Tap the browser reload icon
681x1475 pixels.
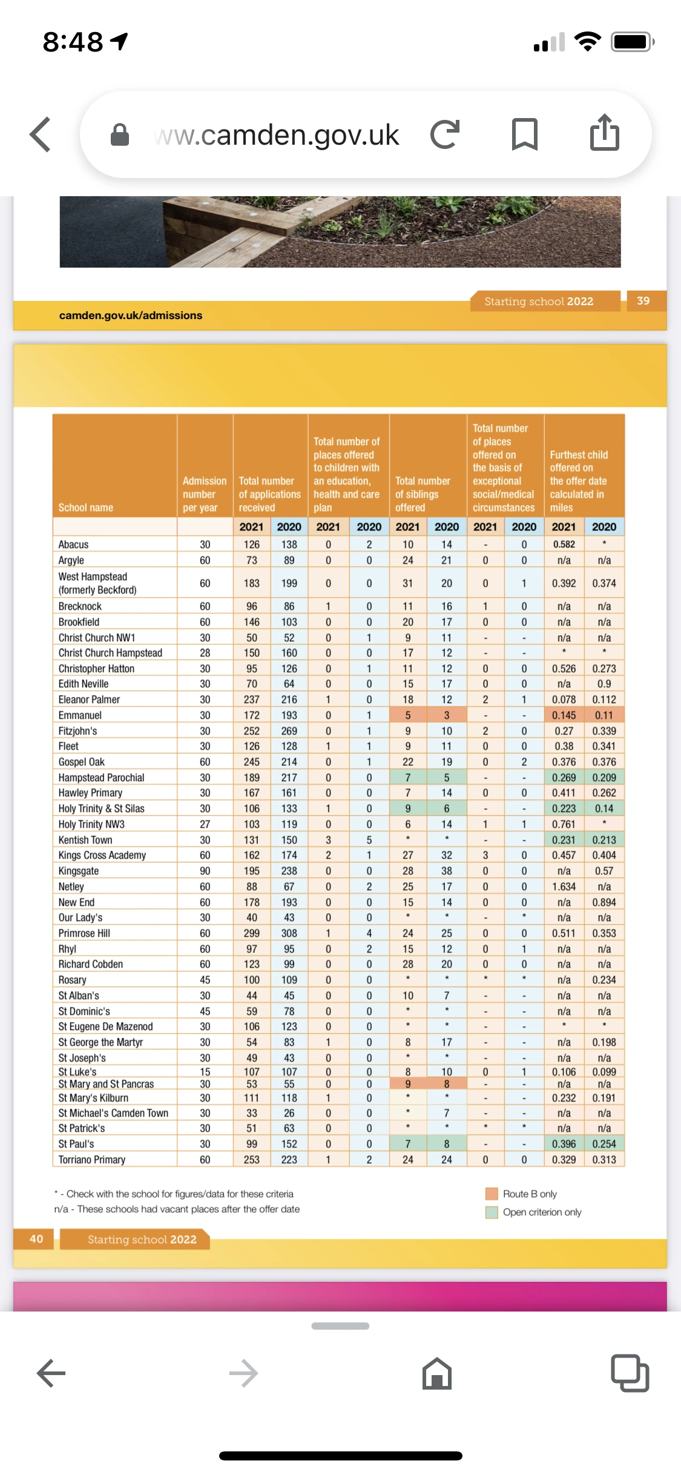(x=445, y=134)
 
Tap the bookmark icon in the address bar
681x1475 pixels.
(x=524, y=134)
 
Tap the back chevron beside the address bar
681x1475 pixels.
(x=41, y=134)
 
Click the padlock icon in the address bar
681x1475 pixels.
(x=120, y=134)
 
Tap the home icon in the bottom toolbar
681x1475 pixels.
(x=436, y=1373)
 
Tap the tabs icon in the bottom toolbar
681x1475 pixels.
(x=630, y=1373)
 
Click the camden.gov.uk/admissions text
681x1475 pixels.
(x=131, y=315)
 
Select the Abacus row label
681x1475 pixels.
(x=73, y=544)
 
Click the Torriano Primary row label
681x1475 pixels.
(x=92, y=1160)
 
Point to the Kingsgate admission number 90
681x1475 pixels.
(x=205, y=871)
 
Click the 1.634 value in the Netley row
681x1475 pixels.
(x=564, y=886)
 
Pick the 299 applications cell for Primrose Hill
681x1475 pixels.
(x=251, y=933)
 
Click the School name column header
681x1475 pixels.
(x=86, y=507)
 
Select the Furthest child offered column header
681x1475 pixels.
(x=578, y=481)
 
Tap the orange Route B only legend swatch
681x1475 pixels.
(x=492, y=1193)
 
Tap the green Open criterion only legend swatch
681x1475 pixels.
(x=492, y=1212)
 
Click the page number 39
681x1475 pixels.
(x=643, y=301)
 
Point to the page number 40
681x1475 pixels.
(x=36, y=1239)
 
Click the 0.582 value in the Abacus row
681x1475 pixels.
(x=564, y=544)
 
